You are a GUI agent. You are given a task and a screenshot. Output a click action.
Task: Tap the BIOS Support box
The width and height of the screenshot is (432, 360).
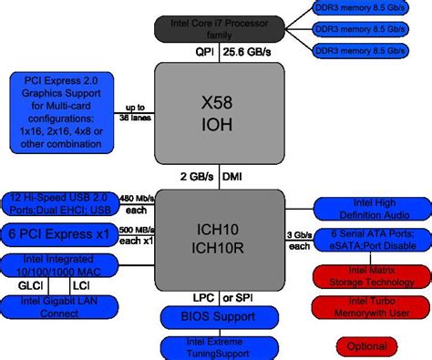(215, 316)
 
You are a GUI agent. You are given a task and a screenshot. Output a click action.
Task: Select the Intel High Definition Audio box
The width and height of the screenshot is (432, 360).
(370, 208)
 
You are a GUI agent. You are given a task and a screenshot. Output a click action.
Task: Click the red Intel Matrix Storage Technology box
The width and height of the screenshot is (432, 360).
(370, 274)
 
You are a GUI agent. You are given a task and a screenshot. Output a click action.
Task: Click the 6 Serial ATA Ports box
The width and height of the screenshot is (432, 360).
(370, 241)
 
